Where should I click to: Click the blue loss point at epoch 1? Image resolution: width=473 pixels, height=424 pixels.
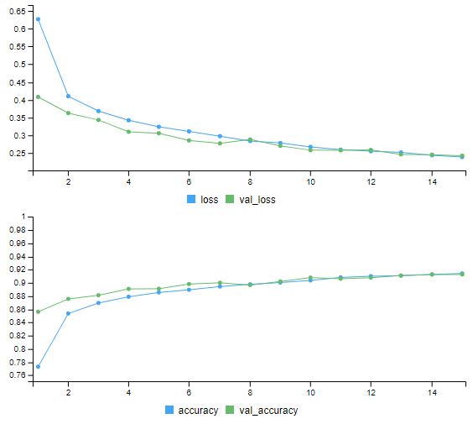(x=38, y=18)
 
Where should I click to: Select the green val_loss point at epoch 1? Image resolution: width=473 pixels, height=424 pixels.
(x=38, y=97)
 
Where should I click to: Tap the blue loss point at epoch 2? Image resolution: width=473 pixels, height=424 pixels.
(x=68, y=96)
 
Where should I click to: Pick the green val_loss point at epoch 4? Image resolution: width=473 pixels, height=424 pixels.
(x=128, y=132)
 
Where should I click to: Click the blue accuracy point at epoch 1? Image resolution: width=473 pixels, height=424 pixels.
(x=38, y=367)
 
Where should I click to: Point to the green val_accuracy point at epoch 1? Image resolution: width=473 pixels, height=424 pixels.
(x=38, y=311)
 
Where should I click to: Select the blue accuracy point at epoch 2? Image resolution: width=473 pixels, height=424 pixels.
(x=68, y=313)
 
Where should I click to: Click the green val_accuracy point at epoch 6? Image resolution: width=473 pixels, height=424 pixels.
(x=189, y=284)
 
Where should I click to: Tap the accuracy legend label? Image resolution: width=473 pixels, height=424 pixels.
(x=200, y=411)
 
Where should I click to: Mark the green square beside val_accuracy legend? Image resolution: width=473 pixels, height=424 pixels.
(x=233, y=411)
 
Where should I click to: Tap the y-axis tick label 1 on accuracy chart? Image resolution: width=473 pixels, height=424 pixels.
(x=22, y=217)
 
